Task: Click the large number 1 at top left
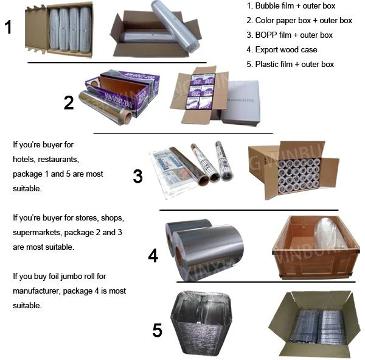tap(8, 27)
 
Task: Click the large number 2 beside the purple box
tap(69, 102)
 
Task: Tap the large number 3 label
tap(138, 177)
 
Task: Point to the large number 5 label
tap(158, 331)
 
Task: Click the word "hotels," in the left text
tap(26, 160)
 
